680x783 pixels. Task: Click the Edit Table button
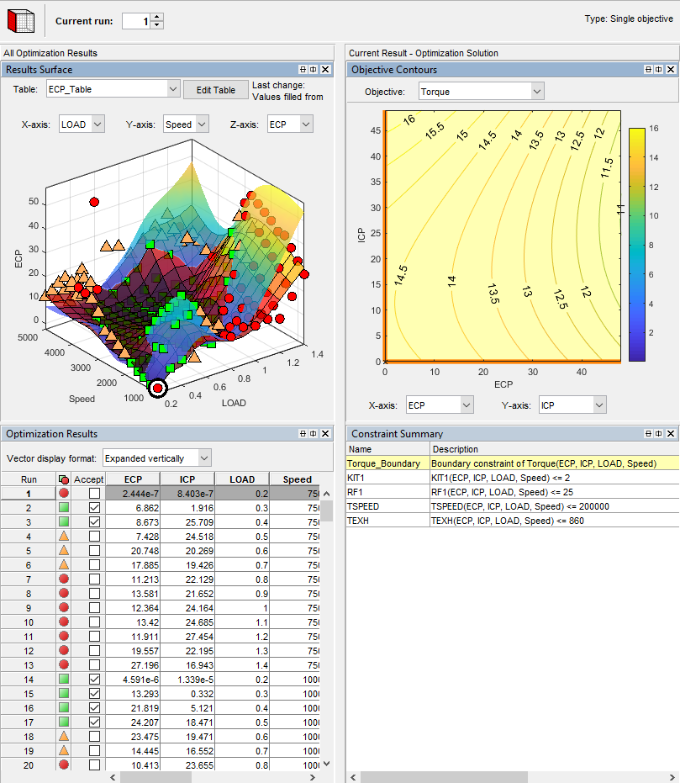216,90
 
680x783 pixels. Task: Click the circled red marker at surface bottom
157,388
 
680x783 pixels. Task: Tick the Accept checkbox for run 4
94,537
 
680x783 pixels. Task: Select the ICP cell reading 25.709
187,522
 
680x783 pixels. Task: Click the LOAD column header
242,479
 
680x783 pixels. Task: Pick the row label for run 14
27,679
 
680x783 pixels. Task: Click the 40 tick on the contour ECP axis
579,371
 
